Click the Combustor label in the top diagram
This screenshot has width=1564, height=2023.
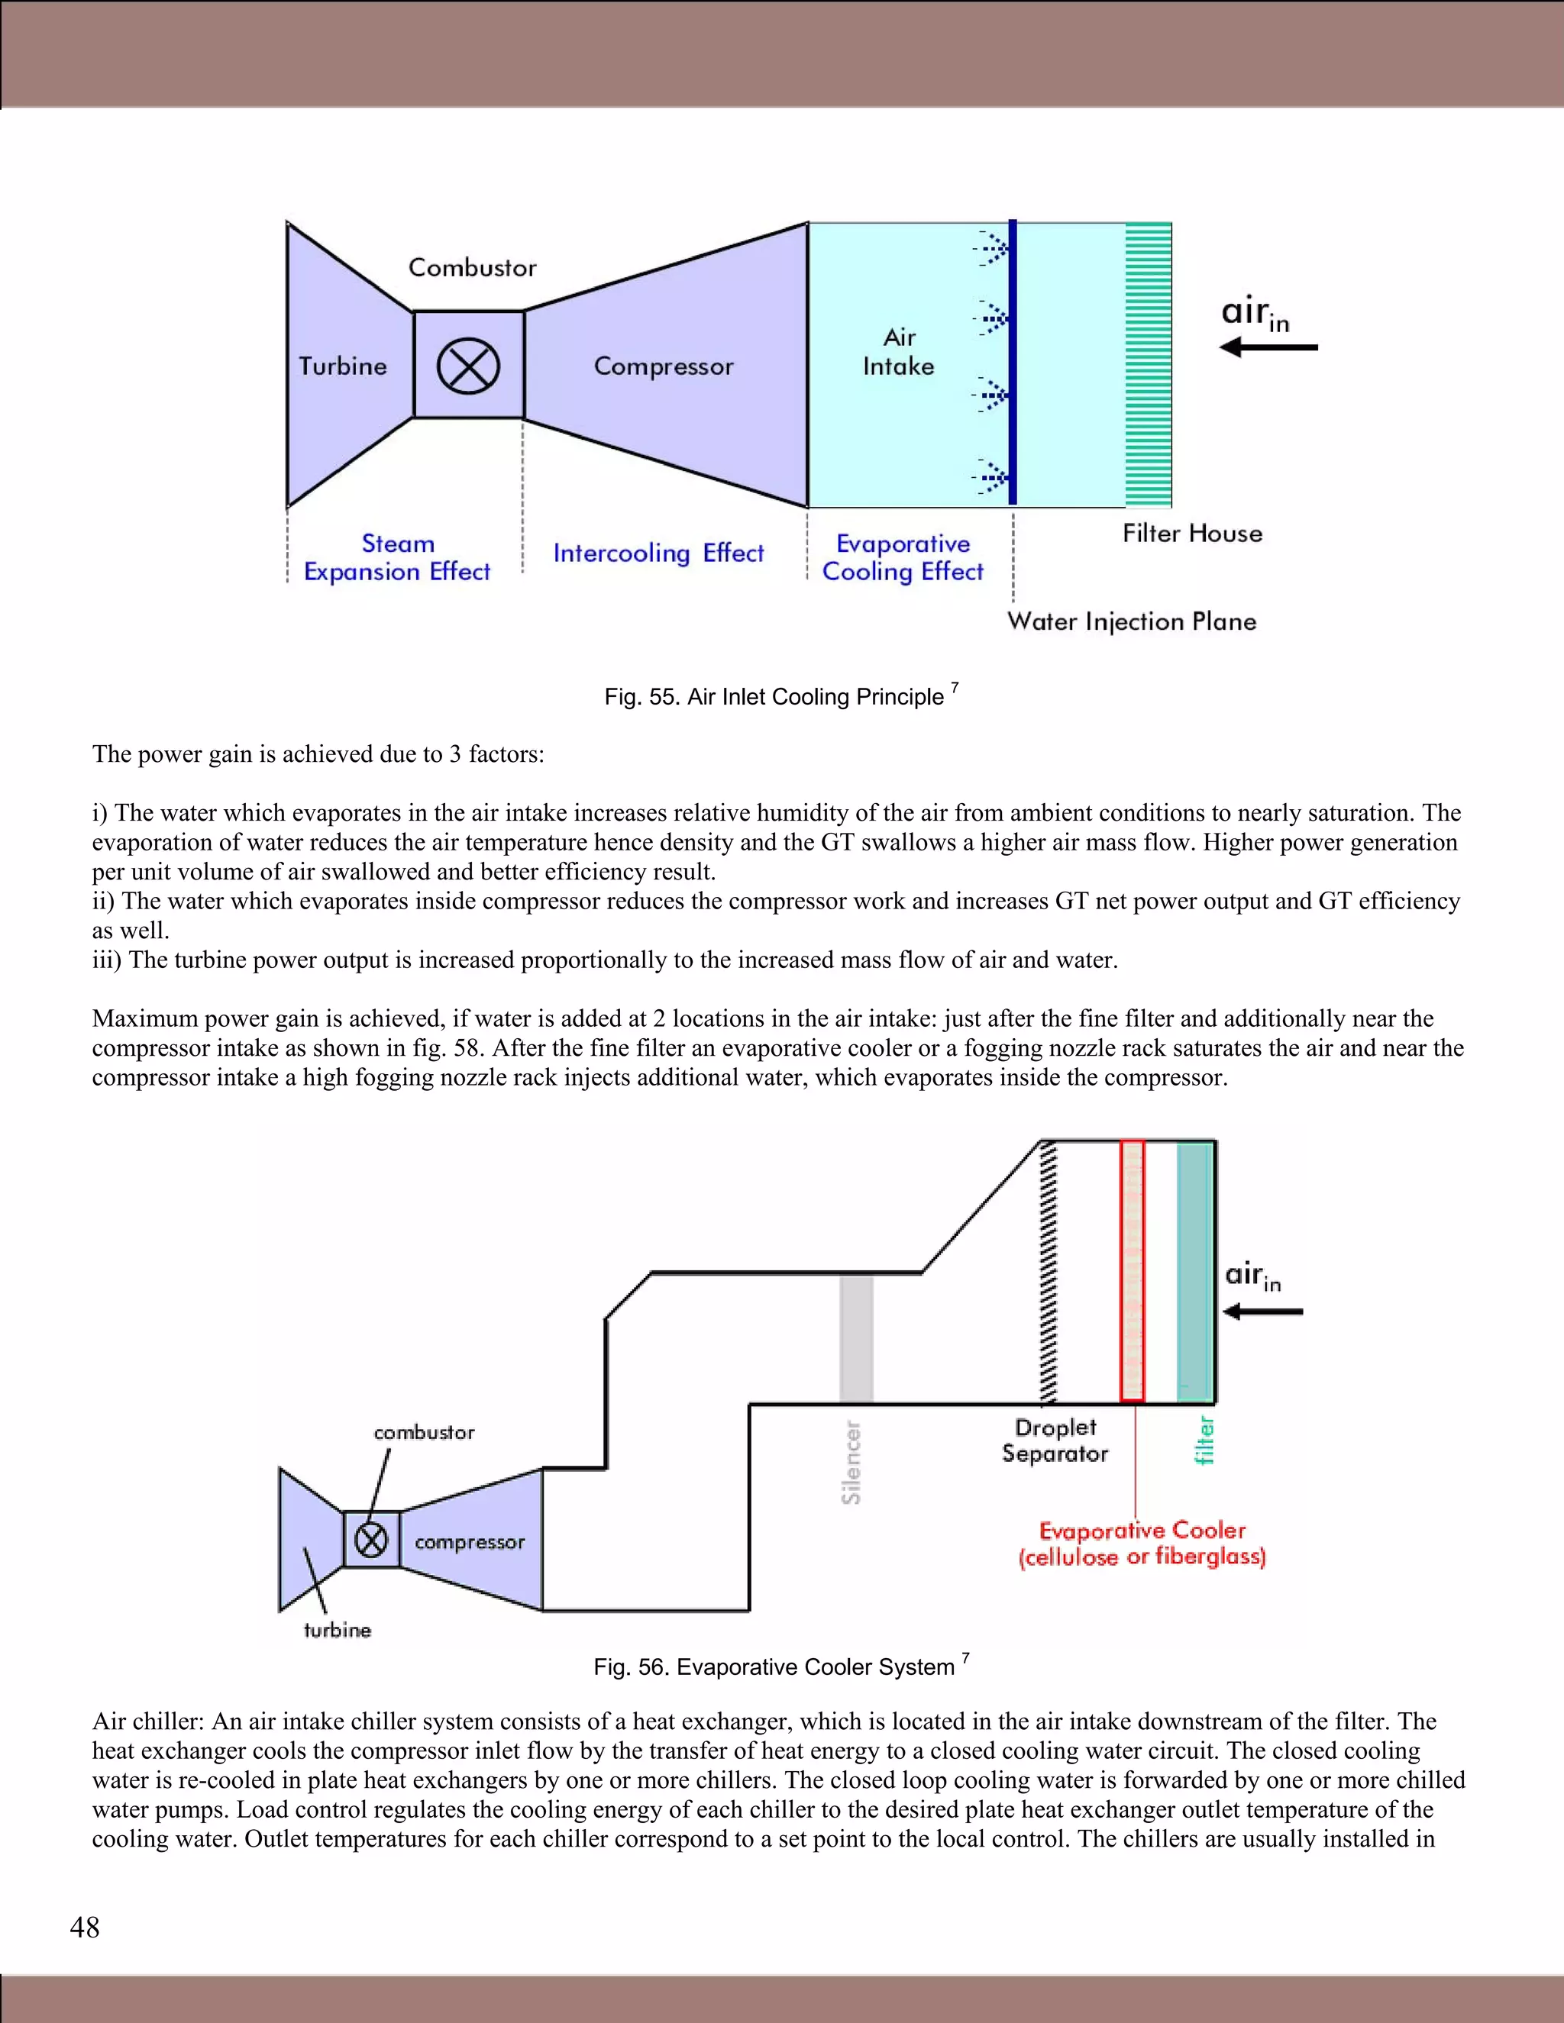click(x=473, y=268)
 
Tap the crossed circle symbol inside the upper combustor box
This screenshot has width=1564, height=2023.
click(x=468, y=365)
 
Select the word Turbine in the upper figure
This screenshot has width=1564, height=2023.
click(x=342, y=366)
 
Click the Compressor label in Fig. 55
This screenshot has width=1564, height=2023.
click(x=664, y=366)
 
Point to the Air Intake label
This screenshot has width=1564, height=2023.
click(x=898, y=352)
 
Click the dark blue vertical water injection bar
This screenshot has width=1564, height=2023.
click(x=1013, y=361)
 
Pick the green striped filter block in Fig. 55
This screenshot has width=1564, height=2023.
click(x=1148, y=364)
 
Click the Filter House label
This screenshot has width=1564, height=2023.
click(x=1191, y=534)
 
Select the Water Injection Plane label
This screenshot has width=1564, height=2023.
click(x=1131, y=621)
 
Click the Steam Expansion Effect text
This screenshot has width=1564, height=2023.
click(x=397, y=557)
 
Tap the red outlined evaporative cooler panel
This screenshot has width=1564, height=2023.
click(x=1133, y=1271)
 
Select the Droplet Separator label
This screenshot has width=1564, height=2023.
click(x=1055, y=1441)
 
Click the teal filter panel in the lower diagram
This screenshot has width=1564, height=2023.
click(x=1194, y=1271)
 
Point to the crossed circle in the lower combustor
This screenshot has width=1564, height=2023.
click(x=372, y=1541)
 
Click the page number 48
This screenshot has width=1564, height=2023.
click(x=84, y=1928)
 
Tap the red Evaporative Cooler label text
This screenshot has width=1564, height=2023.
click(x=1142, y=1543)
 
